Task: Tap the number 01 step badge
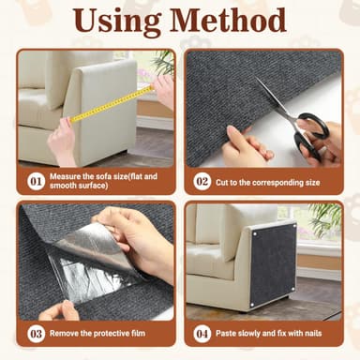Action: (x=37, y=180)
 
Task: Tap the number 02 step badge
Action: (x=202, y=180)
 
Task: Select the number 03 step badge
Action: (x=37, y=333)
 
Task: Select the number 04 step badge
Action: (x=202, y=333)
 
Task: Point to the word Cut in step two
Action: (x=226, y=180)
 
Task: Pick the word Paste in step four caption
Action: (x=231, y=333)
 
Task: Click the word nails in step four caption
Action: (x=325, y=333)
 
